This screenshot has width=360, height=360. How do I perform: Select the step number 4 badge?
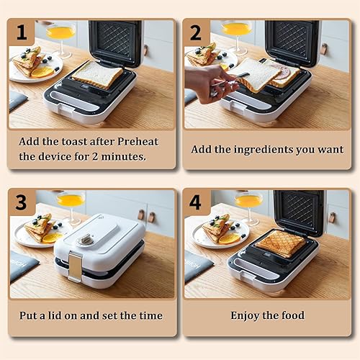195,202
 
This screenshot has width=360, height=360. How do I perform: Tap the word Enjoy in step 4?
247,315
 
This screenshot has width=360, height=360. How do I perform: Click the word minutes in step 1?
117,156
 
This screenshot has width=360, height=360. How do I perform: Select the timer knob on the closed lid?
86,238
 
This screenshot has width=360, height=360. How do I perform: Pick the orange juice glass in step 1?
60,33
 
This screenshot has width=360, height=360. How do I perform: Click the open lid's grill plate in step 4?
297,211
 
